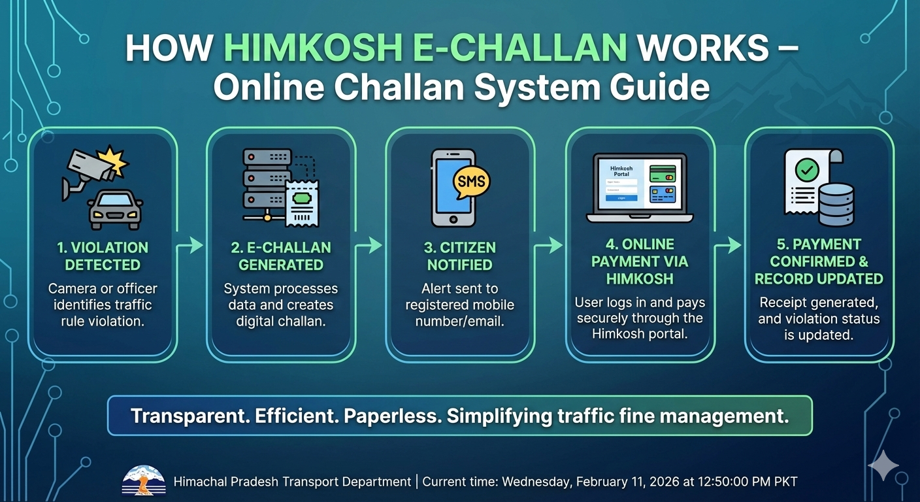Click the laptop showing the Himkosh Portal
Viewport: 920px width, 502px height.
click(639, 188)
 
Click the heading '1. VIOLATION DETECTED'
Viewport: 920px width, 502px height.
click(103, 256)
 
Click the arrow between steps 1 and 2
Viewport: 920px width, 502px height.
click(191, 245)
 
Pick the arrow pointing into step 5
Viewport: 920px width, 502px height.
click(728, 245)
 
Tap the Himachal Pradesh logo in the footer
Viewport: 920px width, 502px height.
click(144, 481)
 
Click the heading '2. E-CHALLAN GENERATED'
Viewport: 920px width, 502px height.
click(281, 256)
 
